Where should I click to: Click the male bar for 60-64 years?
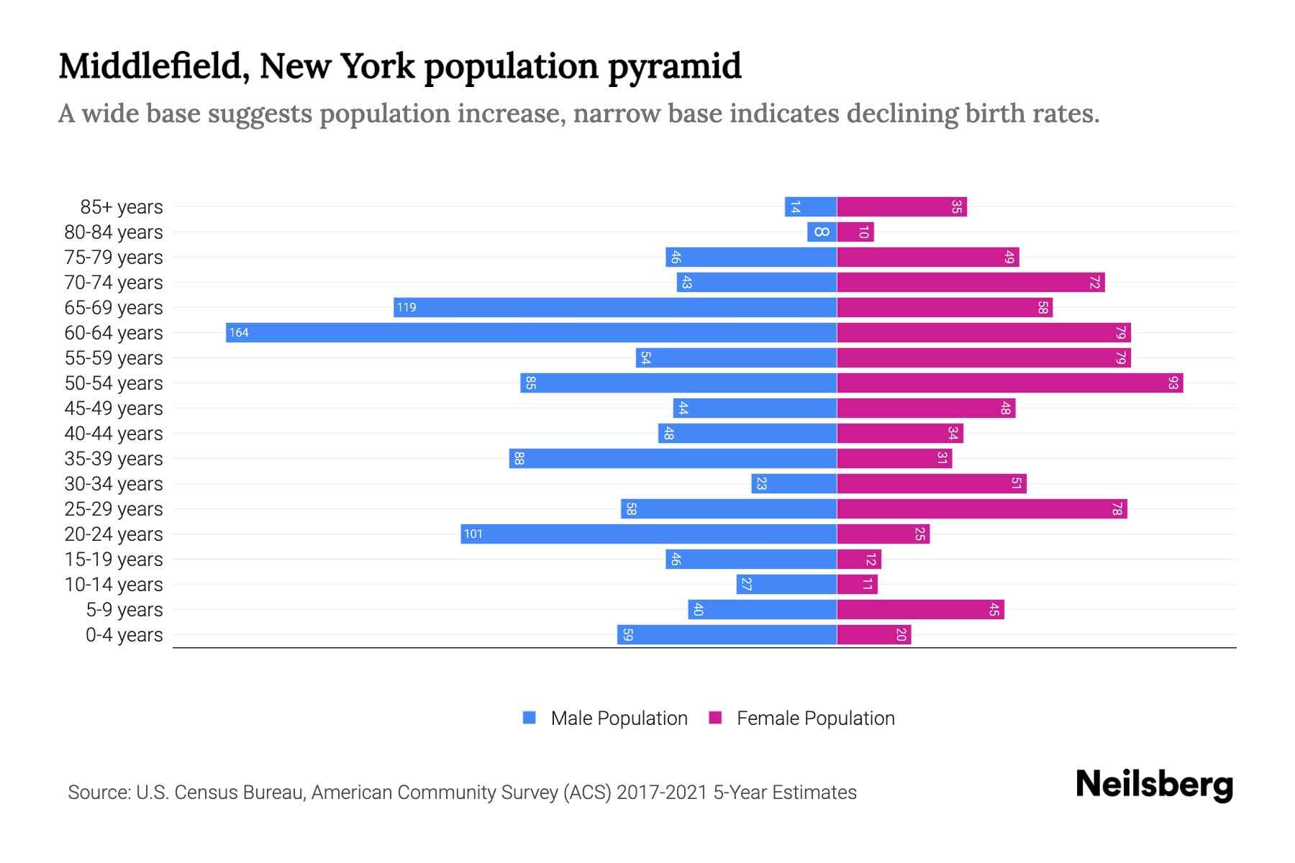[x=531, y=332]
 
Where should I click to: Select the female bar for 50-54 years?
[x=1009, y=383]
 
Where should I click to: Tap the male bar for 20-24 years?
[x=648, y=534]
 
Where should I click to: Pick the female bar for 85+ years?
[x=901, y=207]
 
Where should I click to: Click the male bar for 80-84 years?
[x=822, y=232]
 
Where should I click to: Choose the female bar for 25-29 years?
[x=981, y=508]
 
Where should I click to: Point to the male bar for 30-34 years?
[x=794, y=483]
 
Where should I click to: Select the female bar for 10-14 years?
[x=857, y=584]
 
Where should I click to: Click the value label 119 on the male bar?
[x=406, y=308]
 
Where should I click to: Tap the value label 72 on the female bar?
[x=1094, y=283]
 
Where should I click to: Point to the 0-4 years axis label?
[x=124, y=635]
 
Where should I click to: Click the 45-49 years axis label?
[x=114, y=408]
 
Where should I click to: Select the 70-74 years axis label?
[x=114, y=283]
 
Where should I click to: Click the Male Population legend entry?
[x=619, y=718]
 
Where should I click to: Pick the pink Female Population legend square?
[x=715, y=718]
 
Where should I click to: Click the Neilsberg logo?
[x=1154, y=785]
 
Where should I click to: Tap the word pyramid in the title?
[x=674, y=66]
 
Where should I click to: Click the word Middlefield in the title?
[x=153, y=66]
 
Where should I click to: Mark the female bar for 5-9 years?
[x=920, y=610]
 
